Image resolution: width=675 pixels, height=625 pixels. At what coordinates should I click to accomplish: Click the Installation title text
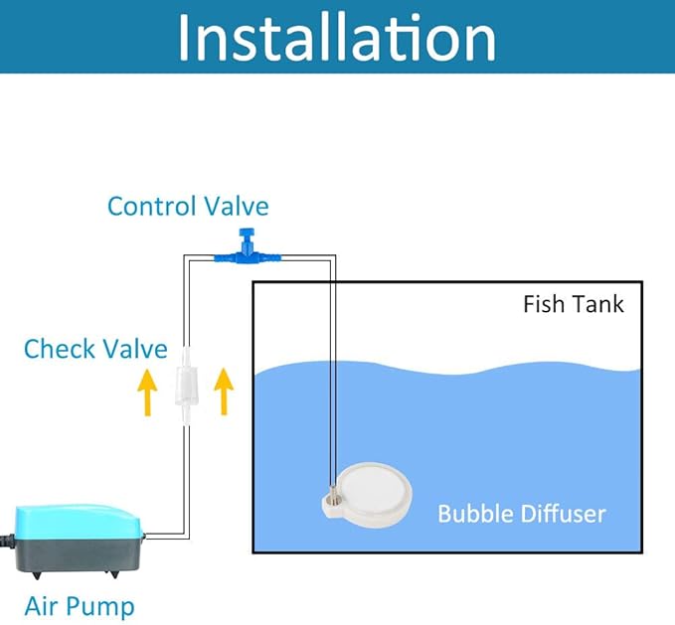pos(337,38)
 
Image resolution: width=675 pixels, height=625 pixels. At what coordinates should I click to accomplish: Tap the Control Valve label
pos(188,206)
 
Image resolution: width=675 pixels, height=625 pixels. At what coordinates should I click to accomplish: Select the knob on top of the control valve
pos(246,234)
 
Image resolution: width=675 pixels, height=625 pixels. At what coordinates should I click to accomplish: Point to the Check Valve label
pos(95,349)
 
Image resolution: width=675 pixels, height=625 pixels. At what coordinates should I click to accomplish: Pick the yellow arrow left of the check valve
pos(147,391)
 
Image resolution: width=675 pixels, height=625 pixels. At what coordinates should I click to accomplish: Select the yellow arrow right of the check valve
pos(224,391)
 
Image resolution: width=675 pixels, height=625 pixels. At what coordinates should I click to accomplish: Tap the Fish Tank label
pos(574,304)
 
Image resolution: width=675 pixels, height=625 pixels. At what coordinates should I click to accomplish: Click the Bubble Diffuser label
pos(522,514)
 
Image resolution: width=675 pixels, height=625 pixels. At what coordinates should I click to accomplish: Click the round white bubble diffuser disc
pos(372,494)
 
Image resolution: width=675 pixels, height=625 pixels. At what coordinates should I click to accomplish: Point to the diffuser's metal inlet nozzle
pos(333,494)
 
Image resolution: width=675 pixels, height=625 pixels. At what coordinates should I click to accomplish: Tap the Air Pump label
pos(80,606)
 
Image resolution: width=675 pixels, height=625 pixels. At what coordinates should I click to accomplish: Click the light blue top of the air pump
pos(78,520)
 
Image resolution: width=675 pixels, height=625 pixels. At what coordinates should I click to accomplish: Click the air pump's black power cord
pos(7,539)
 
